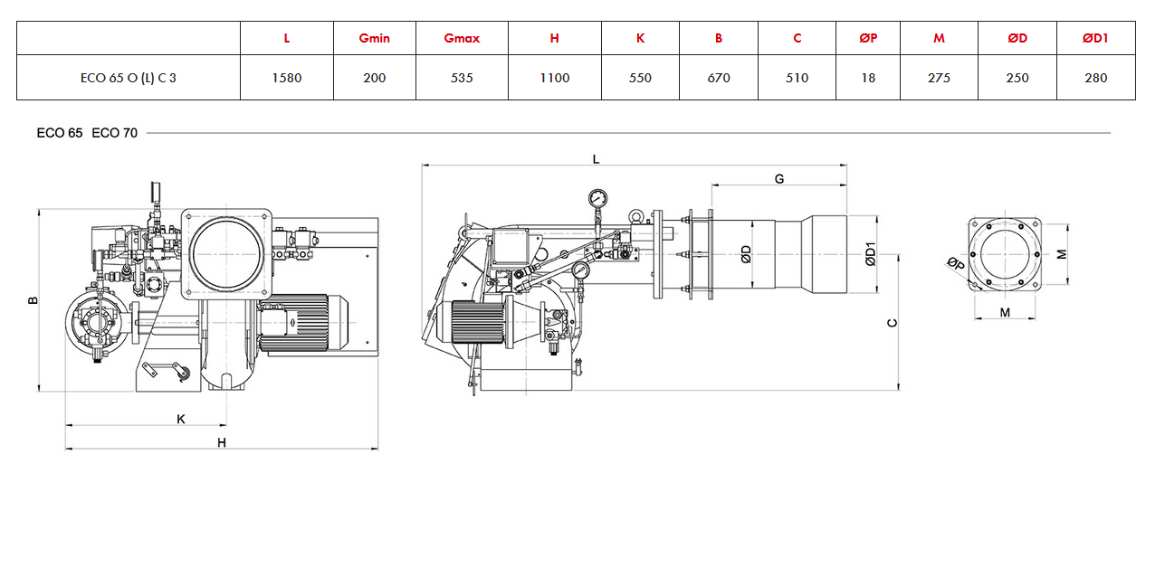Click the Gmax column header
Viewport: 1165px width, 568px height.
[x=462, y=38]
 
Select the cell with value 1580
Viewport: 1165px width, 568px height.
[x=287, y=78]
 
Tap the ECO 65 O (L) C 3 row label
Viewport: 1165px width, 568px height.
[x=129, y=78]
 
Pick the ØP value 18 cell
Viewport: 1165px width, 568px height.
[x=868, y=78]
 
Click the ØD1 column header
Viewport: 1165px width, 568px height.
[x=1095, y=38]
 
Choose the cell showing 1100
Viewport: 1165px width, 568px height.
[x=554, y=78]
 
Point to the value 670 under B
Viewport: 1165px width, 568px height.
[x=719, y=78]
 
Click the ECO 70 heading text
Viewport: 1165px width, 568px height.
[x=114, y=133]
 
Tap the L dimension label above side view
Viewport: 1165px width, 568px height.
[x=596, y=159]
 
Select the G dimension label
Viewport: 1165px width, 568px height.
[x=779, y=179]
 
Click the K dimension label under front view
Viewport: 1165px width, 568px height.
[x=181, y=419]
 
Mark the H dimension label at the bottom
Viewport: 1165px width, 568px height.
[x=222, y=443]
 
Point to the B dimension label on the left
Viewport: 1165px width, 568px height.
[x=33, y=300]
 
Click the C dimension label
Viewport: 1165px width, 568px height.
[x=892, y=323]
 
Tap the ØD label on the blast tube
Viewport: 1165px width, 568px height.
[x=746, y=254]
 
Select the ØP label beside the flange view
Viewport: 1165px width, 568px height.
[x=956, y=263]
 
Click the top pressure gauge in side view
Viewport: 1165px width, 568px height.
[x=598, y=198]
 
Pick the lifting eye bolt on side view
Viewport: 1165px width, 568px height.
[x=635, y=215]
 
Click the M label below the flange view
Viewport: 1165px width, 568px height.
[x=1005, y=312]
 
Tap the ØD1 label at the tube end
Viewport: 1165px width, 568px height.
[x=871, y=254]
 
